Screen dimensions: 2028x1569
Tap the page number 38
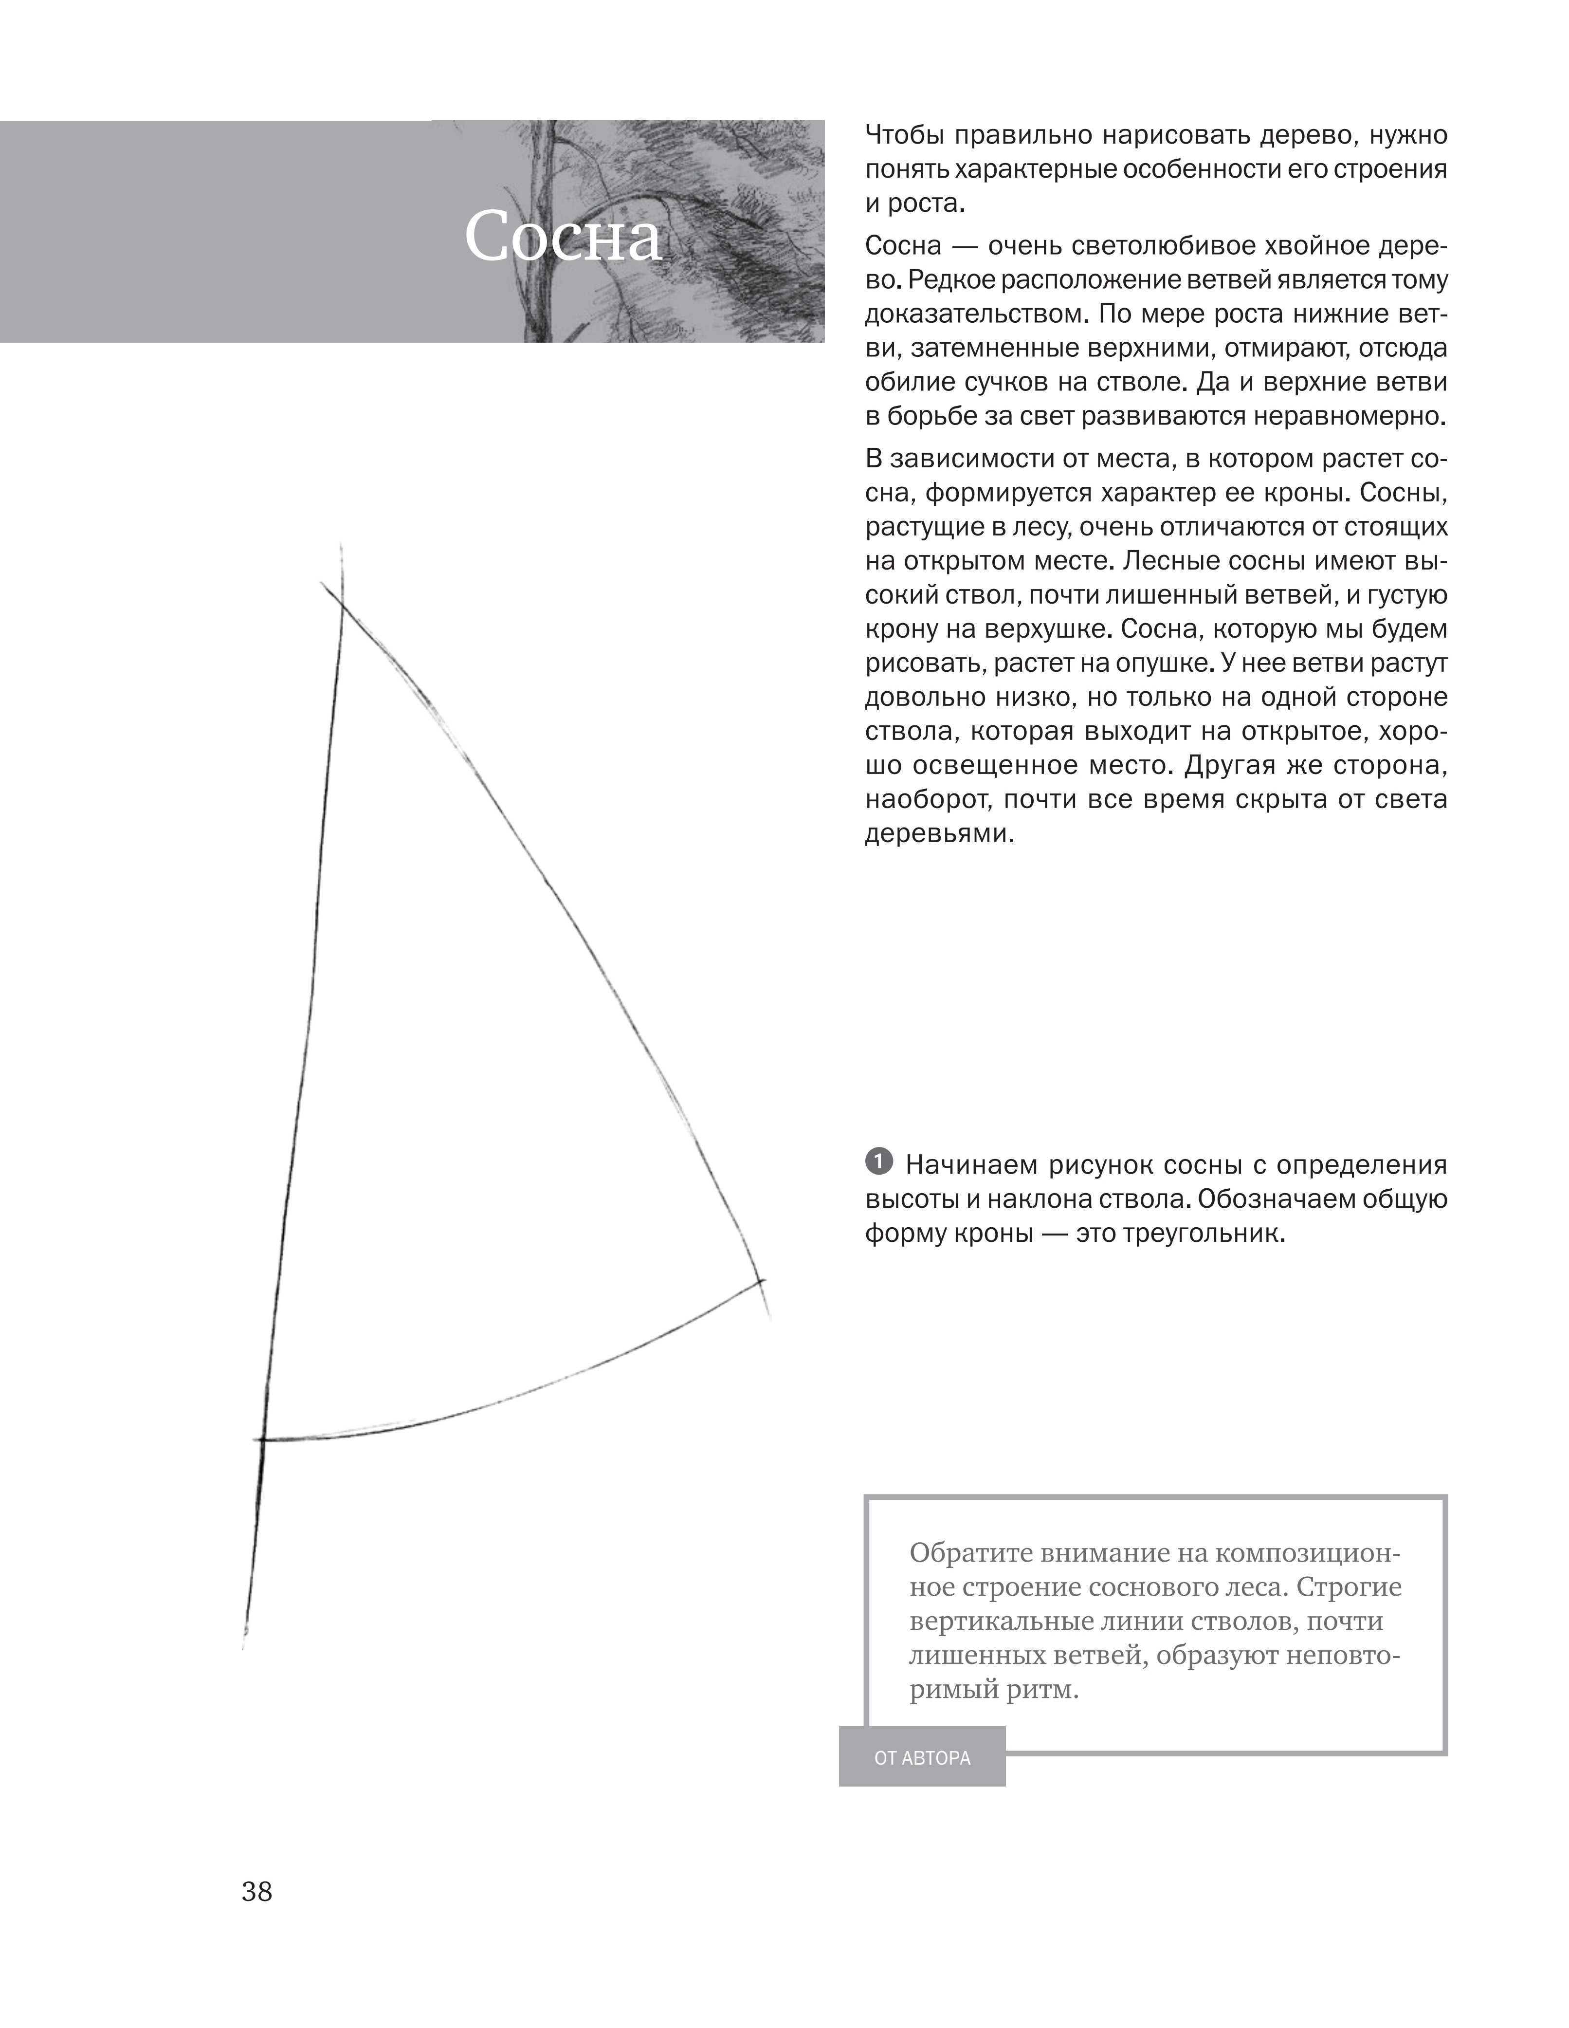click(x=257, y=1892)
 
